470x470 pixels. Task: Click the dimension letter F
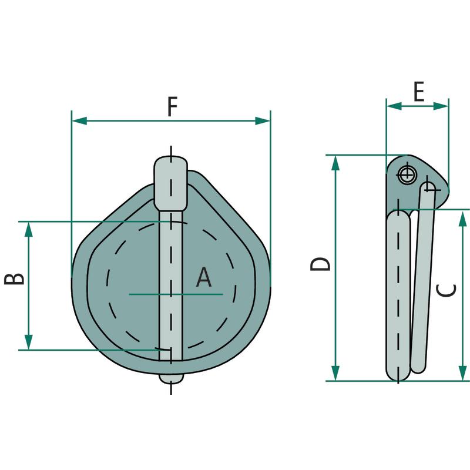tap(172, 106)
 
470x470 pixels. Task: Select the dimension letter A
tap(204, 277)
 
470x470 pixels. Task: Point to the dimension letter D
tap(320, 264)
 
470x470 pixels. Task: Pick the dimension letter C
tap(446, 290)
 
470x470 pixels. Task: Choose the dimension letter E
tap(419, 92)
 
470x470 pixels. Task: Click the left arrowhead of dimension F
tap(79, 121)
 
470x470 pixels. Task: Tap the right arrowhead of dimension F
tap(263, 121)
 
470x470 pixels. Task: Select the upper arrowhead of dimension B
tap(28, 229)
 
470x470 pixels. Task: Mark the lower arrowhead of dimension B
tap(28, 343)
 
